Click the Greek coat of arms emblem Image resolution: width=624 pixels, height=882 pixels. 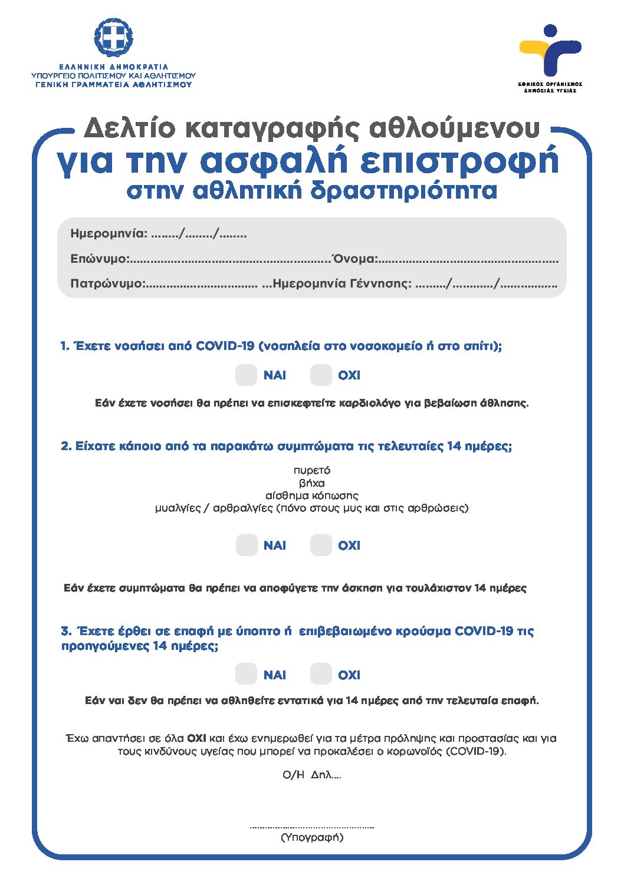113,38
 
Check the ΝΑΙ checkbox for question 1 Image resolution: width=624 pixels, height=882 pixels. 246,375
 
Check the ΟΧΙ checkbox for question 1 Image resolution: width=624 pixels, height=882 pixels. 321,375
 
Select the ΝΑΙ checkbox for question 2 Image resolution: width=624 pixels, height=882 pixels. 247,545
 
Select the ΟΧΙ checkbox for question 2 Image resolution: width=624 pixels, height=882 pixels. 321,545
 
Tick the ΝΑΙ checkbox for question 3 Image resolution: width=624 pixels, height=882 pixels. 246,674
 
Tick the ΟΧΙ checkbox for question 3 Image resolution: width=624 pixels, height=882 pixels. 321,674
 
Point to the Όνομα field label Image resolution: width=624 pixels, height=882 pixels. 354,259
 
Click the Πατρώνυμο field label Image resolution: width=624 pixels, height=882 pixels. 107,283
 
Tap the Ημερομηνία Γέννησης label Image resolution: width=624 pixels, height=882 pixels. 342,283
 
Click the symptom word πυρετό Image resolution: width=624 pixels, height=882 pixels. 311,470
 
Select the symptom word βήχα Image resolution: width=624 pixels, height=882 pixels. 311,483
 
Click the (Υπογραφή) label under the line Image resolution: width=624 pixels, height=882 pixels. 311,837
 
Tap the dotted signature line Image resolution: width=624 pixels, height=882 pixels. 311,827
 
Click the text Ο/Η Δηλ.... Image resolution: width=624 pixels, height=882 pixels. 311,775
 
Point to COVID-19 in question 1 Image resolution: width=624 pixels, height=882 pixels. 225,346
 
